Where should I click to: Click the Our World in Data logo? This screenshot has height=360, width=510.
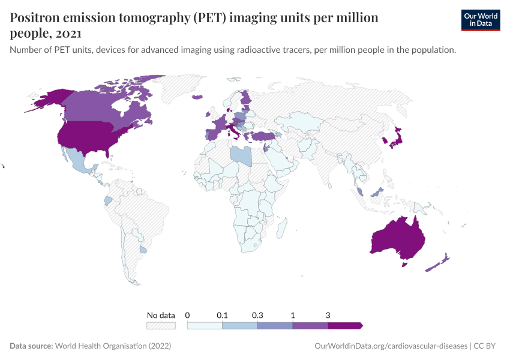(480, 20)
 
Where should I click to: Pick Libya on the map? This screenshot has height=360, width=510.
(241, 154)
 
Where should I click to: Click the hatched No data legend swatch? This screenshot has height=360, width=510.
(161, 325)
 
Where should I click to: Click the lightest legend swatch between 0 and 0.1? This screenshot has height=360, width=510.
(205, 325)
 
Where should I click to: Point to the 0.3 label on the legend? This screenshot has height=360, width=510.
(257, 315)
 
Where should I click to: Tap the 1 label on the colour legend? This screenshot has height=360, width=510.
(293, 315)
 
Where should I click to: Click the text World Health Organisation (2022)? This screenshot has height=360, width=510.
(113, 346)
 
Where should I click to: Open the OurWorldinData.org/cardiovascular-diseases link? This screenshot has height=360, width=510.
(391, 346)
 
